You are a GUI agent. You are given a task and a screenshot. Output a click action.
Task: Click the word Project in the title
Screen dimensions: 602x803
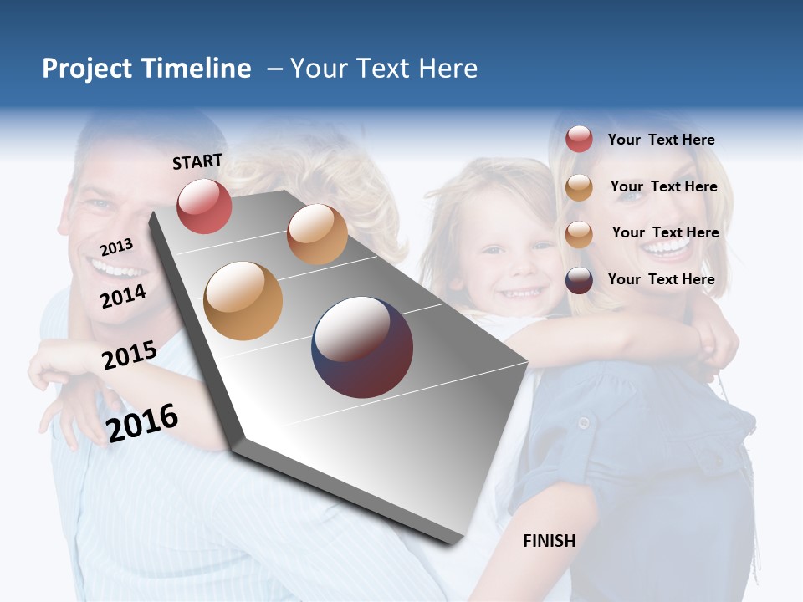(87, 69)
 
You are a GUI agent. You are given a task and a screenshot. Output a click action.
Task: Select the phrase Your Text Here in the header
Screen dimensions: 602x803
(384, 69)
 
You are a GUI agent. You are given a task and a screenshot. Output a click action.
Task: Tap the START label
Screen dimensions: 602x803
(197, 161)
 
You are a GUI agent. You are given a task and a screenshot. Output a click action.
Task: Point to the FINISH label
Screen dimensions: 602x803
(549, 541)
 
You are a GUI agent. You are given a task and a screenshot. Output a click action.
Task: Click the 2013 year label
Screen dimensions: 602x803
(116, 247)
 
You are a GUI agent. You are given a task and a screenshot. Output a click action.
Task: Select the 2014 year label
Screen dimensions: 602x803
(123, 296)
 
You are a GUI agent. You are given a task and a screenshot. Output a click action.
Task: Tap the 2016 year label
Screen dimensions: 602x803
(142, 422)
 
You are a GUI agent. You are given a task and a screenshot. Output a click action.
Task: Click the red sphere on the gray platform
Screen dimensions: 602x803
(204, 206)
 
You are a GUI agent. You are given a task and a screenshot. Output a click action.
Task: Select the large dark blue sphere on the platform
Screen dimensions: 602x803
(362, 347)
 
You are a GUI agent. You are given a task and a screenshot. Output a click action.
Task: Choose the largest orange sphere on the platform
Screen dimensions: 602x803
(243, 300)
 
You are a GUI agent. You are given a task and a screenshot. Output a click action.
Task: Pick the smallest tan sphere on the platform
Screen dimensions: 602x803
(317, 234)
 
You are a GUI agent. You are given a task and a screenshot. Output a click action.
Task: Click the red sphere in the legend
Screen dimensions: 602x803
(579, 139)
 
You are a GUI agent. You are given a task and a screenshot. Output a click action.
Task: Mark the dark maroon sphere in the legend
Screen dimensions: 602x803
(579, 280)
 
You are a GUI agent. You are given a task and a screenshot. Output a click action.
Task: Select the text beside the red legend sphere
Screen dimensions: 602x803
(661, 140)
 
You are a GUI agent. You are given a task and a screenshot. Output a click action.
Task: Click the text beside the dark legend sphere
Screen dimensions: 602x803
(661, 279)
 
